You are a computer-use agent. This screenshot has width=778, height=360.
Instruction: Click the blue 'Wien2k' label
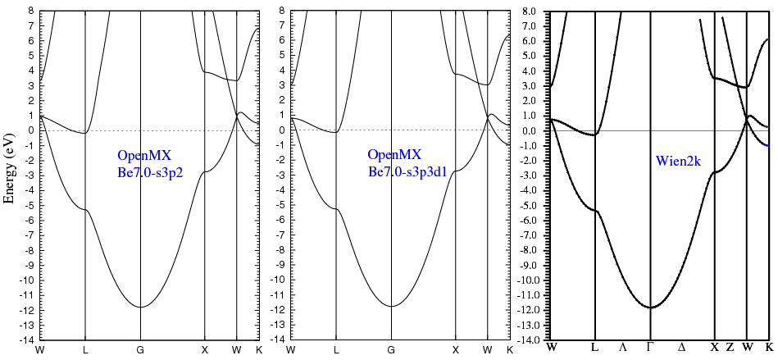[678, 162]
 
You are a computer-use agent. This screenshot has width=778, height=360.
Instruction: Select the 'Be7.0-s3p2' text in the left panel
[151, 172]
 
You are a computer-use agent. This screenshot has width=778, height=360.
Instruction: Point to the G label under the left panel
[140, 350]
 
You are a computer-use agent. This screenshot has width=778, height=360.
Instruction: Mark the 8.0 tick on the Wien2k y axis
[534, 11]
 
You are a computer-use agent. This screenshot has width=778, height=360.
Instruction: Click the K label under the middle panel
[509, 350]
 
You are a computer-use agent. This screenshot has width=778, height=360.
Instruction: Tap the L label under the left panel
[85, 350]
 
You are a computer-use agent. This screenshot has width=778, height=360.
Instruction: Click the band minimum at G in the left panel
[140, 307]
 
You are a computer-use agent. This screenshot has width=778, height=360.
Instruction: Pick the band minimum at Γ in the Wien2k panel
[650, 308]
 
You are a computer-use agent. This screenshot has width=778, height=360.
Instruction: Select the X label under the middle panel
[455, 350]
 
